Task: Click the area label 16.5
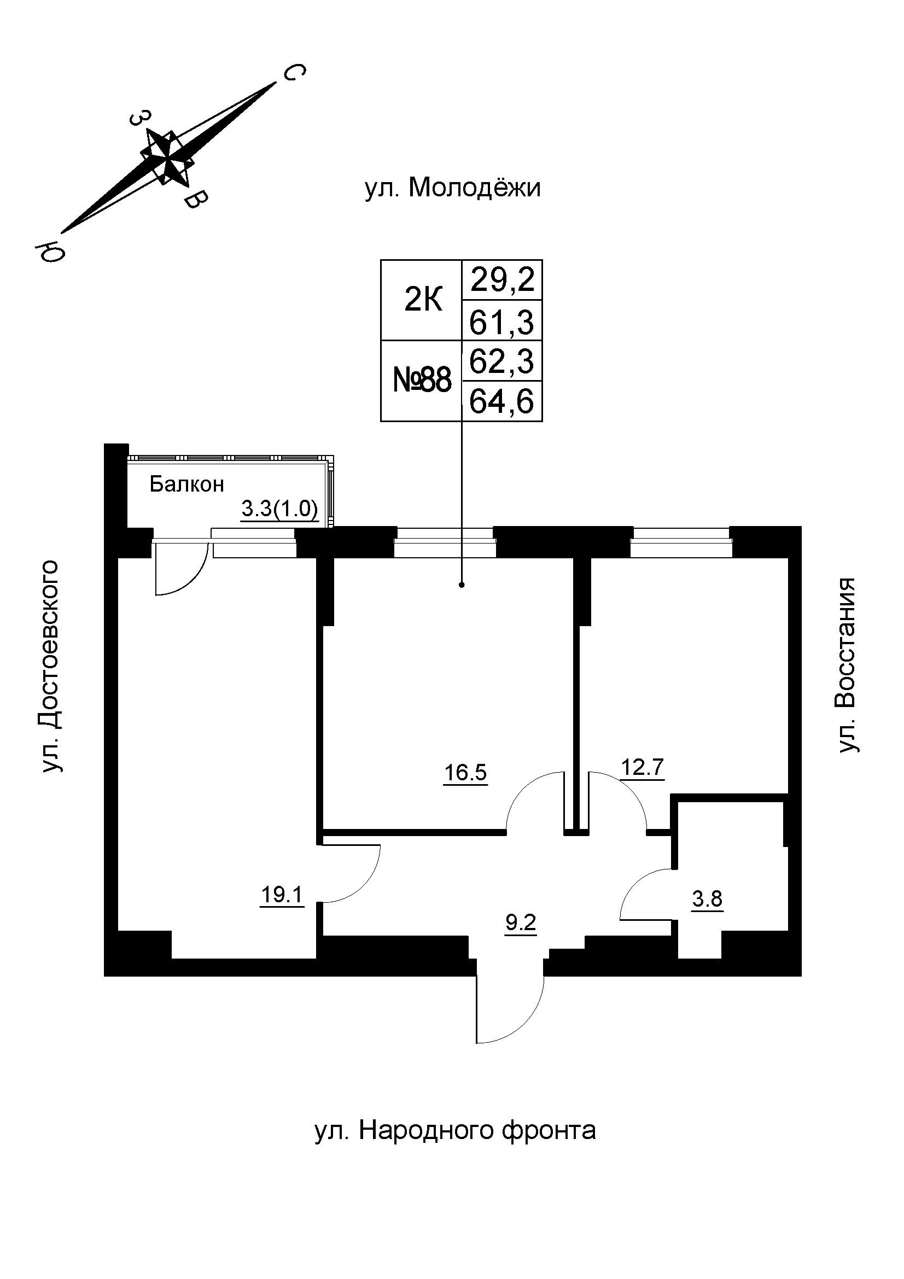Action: [x=465, y=773]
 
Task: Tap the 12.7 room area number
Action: [x=642, y=768]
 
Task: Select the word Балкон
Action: [x=186, y=484]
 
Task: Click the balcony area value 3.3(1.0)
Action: [x=279, y=509]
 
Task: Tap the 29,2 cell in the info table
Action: [x=503, y=280]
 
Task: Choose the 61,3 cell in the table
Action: [x=502, y=322]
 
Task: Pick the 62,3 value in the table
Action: [x=502, y=361]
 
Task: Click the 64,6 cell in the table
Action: [x=502, y=401]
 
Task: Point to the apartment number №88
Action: [x=422, y=382]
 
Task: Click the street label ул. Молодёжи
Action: [x=452, y=188]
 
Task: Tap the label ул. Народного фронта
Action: [x=455, y=1130]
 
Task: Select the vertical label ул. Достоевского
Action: [x=49, y=666]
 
